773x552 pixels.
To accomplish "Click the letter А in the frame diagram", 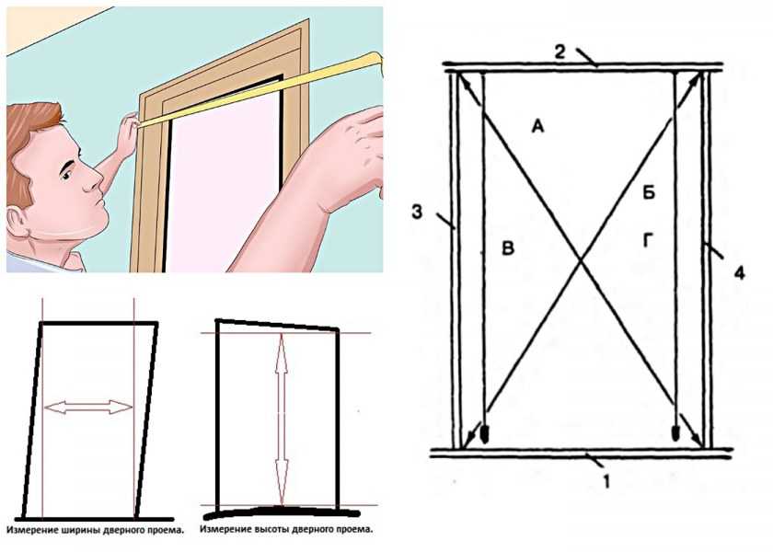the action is coord(537,127).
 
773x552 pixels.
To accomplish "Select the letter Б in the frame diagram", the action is coord(649,192).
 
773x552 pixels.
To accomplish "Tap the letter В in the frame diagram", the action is coord(508,247).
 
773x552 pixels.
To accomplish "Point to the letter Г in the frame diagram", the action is coord(649,240).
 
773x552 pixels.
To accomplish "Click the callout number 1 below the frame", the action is coord(606,481).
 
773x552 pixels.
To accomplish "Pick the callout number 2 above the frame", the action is coord(560,52).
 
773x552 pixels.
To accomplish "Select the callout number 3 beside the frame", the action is coord(417,213).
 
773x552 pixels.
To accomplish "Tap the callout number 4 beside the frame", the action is coord(739,272).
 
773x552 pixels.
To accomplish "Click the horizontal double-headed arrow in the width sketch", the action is coord(88,407).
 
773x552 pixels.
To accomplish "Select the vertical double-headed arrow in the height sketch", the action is coord(282,419).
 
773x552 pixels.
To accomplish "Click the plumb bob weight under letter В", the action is coord(486,434).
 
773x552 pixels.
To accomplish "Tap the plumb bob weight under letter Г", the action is coord(676,433).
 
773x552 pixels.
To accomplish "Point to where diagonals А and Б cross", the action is coord(582,260).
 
